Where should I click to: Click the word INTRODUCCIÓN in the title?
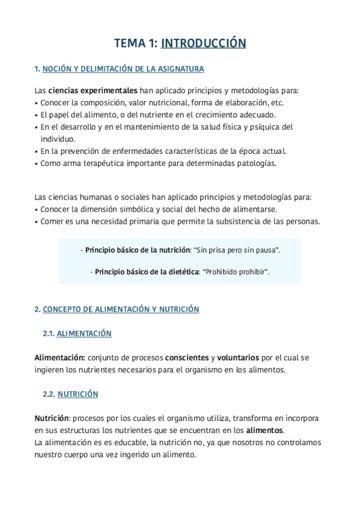point(204,43)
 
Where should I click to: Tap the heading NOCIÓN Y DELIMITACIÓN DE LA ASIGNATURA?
point(123,69)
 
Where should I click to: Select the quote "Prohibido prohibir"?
point(236,272)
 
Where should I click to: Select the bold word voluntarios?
point(239,357)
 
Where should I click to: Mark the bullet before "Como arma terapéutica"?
point(37,163)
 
